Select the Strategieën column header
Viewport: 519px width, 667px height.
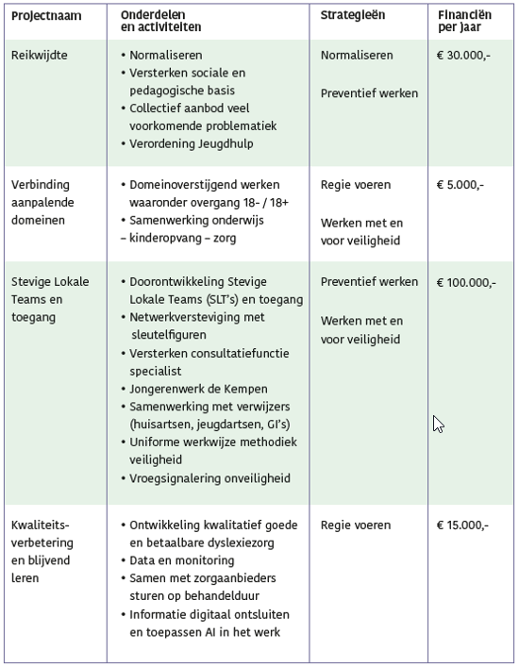[x=353, y=16]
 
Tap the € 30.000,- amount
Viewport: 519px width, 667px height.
[x=464, y=56]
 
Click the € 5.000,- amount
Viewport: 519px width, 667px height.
[x=460, y=185]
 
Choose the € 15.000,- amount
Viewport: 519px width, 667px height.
[x=463, y=525]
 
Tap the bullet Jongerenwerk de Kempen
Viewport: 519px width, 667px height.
[x=199, y=389]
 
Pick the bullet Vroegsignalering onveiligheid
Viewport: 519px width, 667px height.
[x=209, y=478]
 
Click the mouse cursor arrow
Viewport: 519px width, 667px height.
[x=437, y=424]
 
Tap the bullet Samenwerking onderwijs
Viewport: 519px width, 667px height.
[x=196, y=220]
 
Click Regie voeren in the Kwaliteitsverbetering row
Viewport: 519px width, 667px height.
[x=356, y=525]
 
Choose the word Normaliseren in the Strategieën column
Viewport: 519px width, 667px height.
[x=357, y=56]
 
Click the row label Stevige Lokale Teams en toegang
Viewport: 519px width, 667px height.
[x=51, y=299]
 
